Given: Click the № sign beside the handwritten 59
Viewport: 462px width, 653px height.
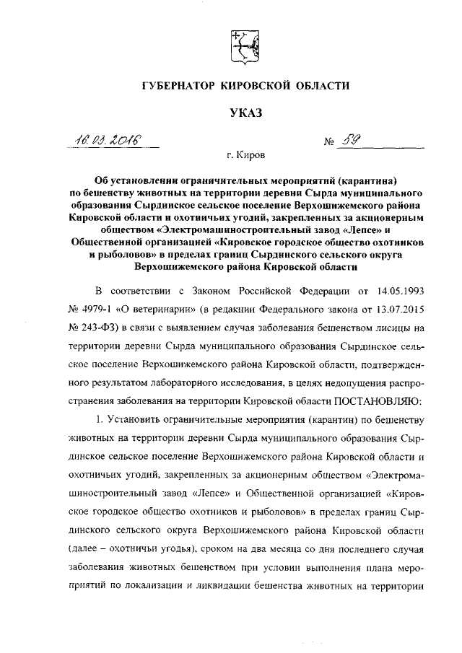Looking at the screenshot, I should [x=331, y=141].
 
